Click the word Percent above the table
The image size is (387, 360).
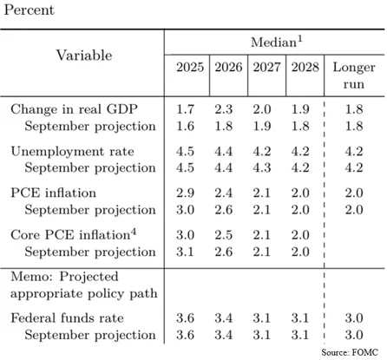coord(30,10)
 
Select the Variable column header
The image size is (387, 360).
coord(84,56)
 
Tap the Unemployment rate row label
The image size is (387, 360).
coord(62,151)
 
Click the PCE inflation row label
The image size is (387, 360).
coord(54,193)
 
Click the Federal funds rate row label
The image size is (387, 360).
coord(62,317)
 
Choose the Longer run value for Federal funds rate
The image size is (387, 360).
coord(353,317)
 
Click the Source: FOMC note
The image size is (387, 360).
coord(351,353)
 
